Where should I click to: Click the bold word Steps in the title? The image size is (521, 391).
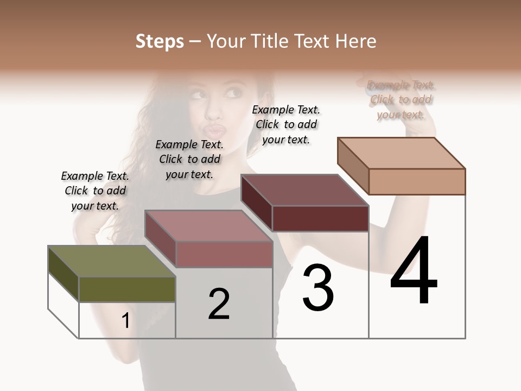click(x=159, y=41)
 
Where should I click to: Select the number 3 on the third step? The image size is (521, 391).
click(x=318, y=287)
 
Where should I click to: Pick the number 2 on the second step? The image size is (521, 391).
click(x=219, y=304)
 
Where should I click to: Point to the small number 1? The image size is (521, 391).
click(x=125, y=320)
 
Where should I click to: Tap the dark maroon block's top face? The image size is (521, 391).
click(x=304, y=190)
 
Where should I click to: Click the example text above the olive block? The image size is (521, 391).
click(x=95, y=191)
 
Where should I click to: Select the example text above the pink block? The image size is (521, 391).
click(x=189, y=159)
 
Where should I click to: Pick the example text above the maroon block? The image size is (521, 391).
click(x=286, y=124)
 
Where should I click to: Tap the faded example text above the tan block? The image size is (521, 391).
click(x=401, y=100)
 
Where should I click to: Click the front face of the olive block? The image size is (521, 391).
click(x=127, y=289)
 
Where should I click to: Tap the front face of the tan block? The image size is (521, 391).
click(x=417, y=181)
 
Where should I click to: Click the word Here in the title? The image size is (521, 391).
click(x=357, y=41)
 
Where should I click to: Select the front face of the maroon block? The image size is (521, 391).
click(x=320, y=218)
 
